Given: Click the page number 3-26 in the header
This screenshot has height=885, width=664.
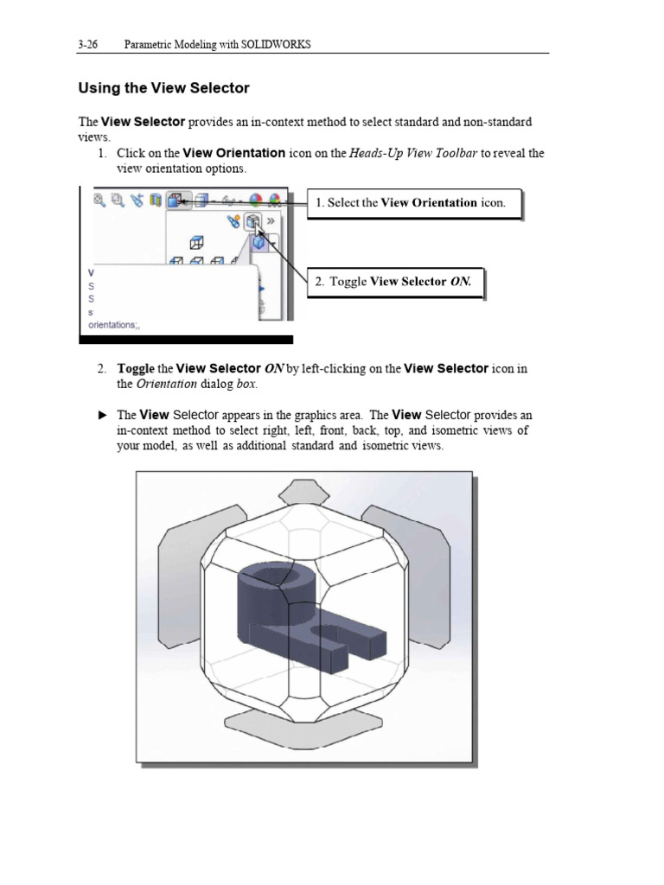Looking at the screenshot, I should [x=89, y=44].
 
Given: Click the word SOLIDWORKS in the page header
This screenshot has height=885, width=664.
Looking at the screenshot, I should [x=271, y=44].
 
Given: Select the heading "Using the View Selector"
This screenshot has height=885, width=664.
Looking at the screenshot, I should [x=163, y=87].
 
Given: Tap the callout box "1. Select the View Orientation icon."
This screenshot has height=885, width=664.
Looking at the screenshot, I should [x=414, y=203].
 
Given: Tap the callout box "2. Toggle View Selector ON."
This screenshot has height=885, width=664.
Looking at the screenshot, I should [x=396, y=282].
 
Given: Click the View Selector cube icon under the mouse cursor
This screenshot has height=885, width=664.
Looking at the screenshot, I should [x=253, y=223].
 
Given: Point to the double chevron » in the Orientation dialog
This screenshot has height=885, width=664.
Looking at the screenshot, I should [x=270, y=222].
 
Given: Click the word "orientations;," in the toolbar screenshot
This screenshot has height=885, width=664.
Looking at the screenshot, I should [x=114, y=324].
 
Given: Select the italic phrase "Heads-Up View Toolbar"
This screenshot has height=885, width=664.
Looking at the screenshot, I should [x=412, y=154].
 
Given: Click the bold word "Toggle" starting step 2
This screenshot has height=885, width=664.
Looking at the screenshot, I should [x=135, y=369].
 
